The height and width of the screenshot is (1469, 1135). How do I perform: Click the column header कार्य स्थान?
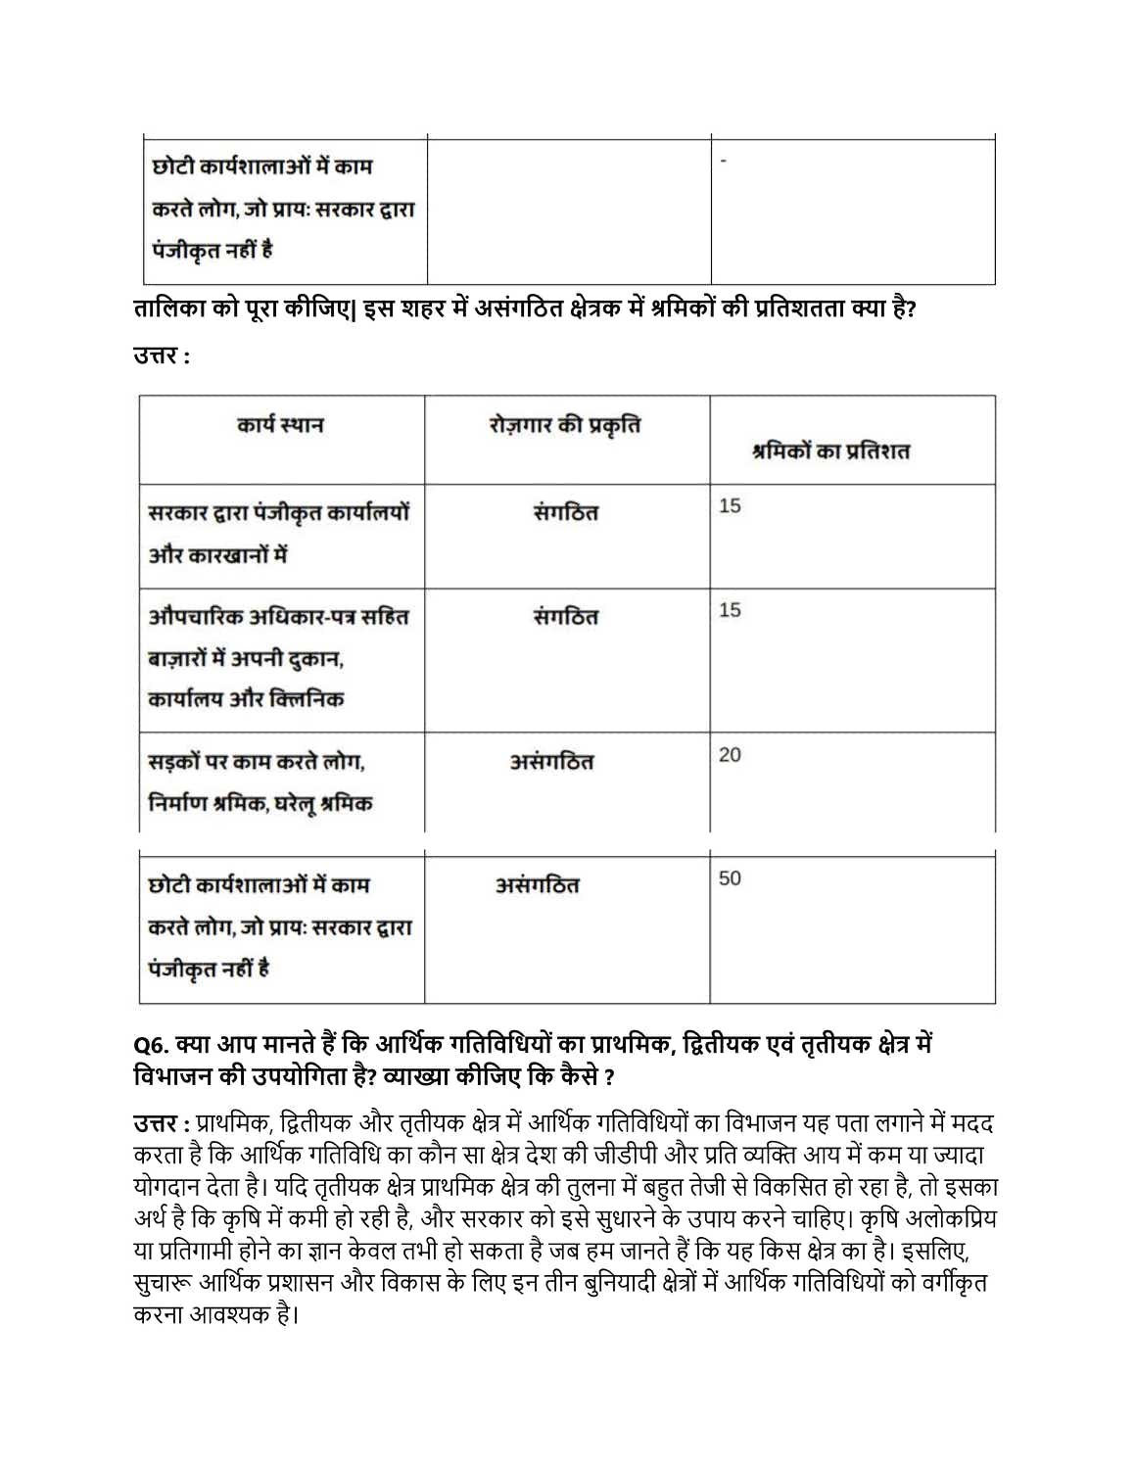[280, 425]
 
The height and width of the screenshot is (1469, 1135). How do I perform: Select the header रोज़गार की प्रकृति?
[565, 425]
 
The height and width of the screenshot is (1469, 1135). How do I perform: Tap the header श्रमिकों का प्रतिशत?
[830, 451]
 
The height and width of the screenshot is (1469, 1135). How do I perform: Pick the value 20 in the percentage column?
[730, 755]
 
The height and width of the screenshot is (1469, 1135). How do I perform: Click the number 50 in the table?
[730, 878]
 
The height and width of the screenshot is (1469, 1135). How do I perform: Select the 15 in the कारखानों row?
[730, 506]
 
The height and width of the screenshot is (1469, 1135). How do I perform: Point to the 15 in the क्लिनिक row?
[730, 610]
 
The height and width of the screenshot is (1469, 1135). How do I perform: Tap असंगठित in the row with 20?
[551, 762]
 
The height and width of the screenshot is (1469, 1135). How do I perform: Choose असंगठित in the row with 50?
[537, 885]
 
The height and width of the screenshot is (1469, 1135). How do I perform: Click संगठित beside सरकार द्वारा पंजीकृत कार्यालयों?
[565, 513]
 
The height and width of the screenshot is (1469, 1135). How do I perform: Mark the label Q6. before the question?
[151, 1045]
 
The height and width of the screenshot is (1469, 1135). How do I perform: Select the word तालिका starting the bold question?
[167, 309]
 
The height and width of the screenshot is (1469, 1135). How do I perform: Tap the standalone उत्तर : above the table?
[162, 355]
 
